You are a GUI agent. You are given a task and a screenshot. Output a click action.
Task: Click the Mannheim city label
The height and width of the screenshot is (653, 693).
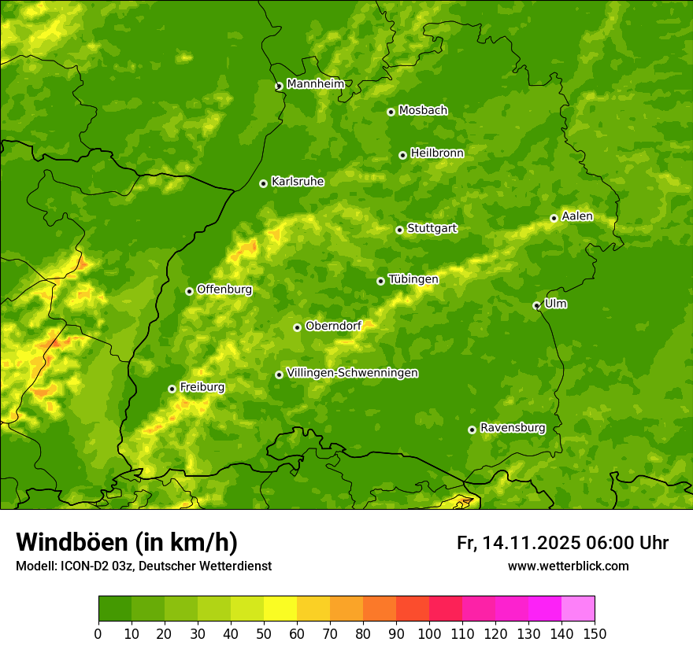pyautogui.click(x=315, y=84)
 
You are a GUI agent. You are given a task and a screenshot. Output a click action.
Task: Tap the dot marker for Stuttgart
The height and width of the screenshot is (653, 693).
pyautogui.click(x=399, y=230)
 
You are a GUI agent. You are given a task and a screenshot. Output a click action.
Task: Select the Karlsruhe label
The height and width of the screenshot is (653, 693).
pyautogui.click(x=297, y=182)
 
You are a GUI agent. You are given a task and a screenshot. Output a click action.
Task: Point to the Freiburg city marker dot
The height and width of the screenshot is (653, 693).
pyautogui.click(x=172, y=389)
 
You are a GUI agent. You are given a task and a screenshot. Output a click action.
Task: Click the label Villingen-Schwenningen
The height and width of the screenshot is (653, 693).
pyautogui.click(x=352, y=373)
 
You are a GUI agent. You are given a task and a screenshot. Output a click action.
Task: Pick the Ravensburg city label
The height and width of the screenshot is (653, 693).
pyautogui.click(x=512, y=428)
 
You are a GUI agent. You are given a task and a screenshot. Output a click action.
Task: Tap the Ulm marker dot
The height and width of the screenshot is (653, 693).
pyautogui.click(x=536, y=305)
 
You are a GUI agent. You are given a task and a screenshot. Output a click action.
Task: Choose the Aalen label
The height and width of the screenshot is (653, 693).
pyautogui.click(x=576, y=216)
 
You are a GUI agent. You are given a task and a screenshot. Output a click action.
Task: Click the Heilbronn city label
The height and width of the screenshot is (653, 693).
pyautogui.click(x=437, y=153)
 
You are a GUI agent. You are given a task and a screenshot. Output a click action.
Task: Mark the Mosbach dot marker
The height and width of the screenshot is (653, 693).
pyautogui.click(x=391, y=112)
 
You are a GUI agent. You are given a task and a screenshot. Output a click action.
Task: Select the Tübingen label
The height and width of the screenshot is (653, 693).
pyautogui.click(x=413, y=279)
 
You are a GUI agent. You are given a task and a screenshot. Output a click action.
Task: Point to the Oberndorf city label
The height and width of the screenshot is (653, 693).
pyautogui.click(x=333, y=326)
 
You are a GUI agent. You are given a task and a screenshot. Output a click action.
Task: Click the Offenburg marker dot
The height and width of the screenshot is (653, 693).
pyautogui.click(x=189, y=291)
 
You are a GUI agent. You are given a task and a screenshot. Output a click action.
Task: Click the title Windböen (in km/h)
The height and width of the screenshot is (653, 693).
pyautogui.click(x=127, y=542)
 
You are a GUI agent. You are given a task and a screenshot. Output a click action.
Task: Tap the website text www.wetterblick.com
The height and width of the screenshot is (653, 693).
pyautogui.click(x=568, y=566)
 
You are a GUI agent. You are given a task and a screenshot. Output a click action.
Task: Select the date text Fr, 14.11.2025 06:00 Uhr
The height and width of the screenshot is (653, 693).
pyautogui.click(x=562, y=543)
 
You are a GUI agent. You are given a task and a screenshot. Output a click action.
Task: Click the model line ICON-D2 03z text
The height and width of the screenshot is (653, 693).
pyautogui.click(x=143, y=566)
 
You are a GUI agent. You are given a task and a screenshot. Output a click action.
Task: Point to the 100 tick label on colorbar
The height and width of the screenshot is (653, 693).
pyautogui.click(x=429, y=633)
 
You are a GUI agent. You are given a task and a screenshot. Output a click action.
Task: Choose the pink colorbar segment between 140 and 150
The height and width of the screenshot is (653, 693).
pyautogui.click(x=578, y=609)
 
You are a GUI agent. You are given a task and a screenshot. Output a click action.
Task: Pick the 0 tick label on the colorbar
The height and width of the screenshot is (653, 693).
pyautogui.click(x=98, y=633)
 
